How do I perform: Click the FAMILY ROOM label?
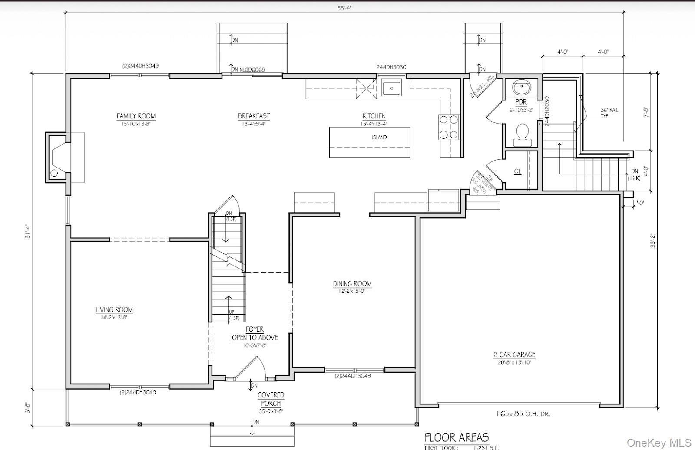[136, 116]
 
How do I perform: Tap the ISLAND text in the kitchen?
[379, 138]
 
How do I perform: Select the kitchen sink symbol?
[392, 89]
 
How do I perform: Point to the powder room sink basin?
[521, 88]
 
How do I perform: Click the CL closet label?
[518, 171]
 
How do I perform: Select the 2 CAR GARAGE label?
[514, 355]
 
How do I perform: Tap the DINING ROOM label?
[352, 284]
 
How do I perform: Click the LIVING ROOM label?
[114, 310]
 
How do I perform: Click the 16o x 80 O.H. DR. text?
[523, 414]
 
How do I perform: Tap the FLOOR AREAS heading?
[457, 437]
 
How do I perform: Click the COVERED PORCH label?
[271, 399]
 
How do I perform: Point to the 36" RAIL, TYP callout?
[610, 113]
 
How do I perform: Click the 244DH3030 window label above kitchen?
[391, 67]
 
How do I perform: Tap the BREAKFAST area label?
[254, 116]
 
